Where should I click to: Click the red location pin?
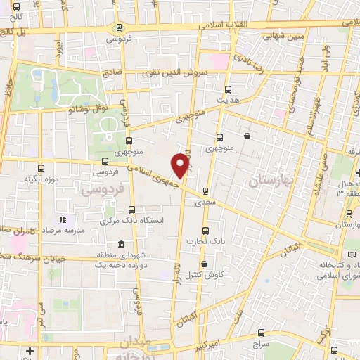(182, 165)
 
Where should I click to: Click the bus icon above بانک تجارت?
(205, 230)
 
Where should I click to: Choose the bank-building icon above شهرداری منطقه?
(122, 244)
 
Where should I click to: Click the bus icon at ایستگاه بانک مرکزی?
(132, 209)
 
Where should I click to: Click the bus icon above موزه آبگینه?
(41, 168)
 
